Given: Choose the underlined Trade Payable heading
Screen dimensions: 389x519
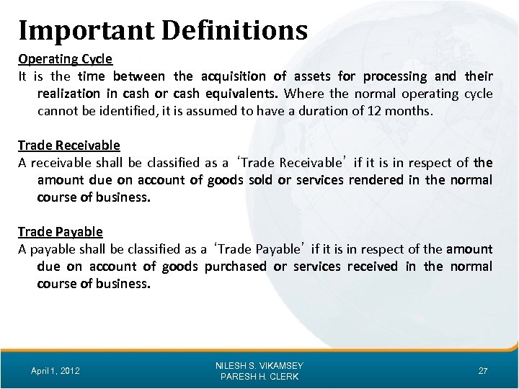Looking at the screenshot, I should [60, 232].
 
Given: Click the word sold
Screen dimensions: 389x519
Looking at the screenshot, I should [258, 180].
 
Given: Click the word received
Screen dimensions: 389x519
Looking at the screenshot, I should [373, 267].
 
